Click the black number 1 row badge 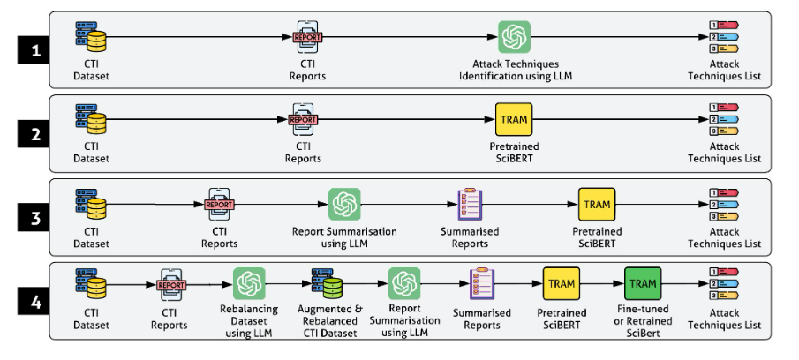pos(34,50)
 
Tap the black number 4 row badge pos(34,302)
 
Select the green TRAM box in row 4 pos(643,283)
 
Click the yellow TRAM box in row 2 pos(514,120)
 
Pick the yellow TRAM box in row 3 pos(597,204)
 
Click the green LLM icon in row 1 pos(514,37)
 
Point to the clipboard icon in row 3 pos(470,204)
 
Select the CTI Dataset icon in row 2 pos(91,120)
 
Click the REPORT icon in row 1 pos(308,37)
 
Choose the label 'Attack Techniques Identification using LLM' pos(516,71)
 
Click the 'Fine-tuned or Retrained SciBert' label pos(643,321)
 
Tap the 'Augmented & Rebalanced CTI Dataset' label pos(329,321)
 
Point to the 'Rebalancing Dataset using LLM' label pos(249,321)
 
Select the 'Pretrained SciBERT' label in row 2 pos(514,153)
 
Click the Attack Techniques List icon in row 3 pos(724,204)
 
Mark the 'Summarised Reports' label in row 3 pos(470,237)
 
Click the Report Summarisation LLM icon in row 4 pos(404,283)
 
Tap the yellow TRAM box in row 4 pos(561,283)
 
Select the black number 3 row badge pos(34,218)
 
